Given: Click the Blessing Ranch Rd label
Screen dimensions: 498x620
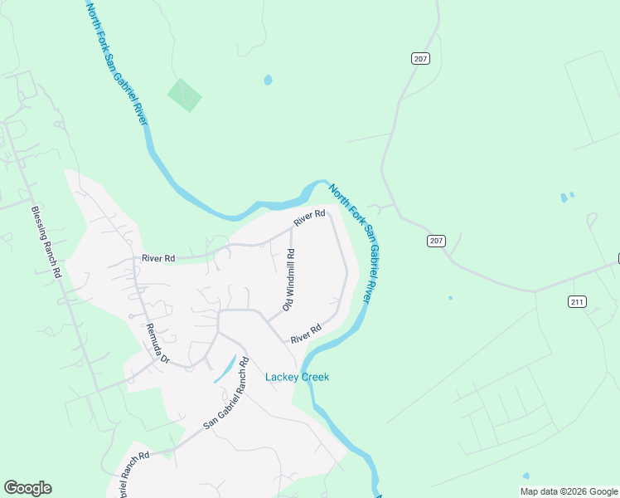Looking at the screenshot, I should (46, 242).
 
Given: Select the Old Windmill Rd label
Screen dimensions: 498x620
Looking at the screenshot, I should (289, 280).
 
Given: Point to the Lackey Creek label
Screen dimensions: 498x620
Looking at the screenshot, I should (297, 377).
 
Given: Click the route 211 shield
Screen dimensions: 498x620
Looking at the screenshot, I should (578, 301).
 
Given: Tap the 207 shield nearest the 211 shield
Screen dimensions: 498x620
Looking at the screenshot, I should (437, 241).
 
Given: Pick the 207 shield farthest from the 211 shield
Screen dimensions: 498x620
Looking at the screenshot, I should (419, 58).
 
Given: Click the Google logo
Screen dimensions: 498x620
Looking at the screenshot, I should (27, 488).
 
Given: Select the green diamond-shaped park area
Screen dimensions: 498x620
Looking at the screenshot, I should (185, 95).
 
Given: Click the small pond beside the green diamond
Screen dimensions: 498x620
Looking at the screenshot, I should (267, 81).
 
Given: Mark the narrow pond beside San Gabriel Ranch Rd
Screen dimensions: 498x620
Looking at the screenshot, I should (223, 370).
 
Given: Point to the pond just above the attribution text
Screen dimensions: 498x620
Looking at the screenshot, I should (526, 476).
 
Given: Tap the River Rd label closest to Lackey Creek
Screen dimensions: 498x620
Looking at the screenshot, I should (305, 334).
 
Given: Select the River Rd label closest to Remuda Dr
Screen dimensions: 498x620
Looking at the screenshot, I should (157, 258).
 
